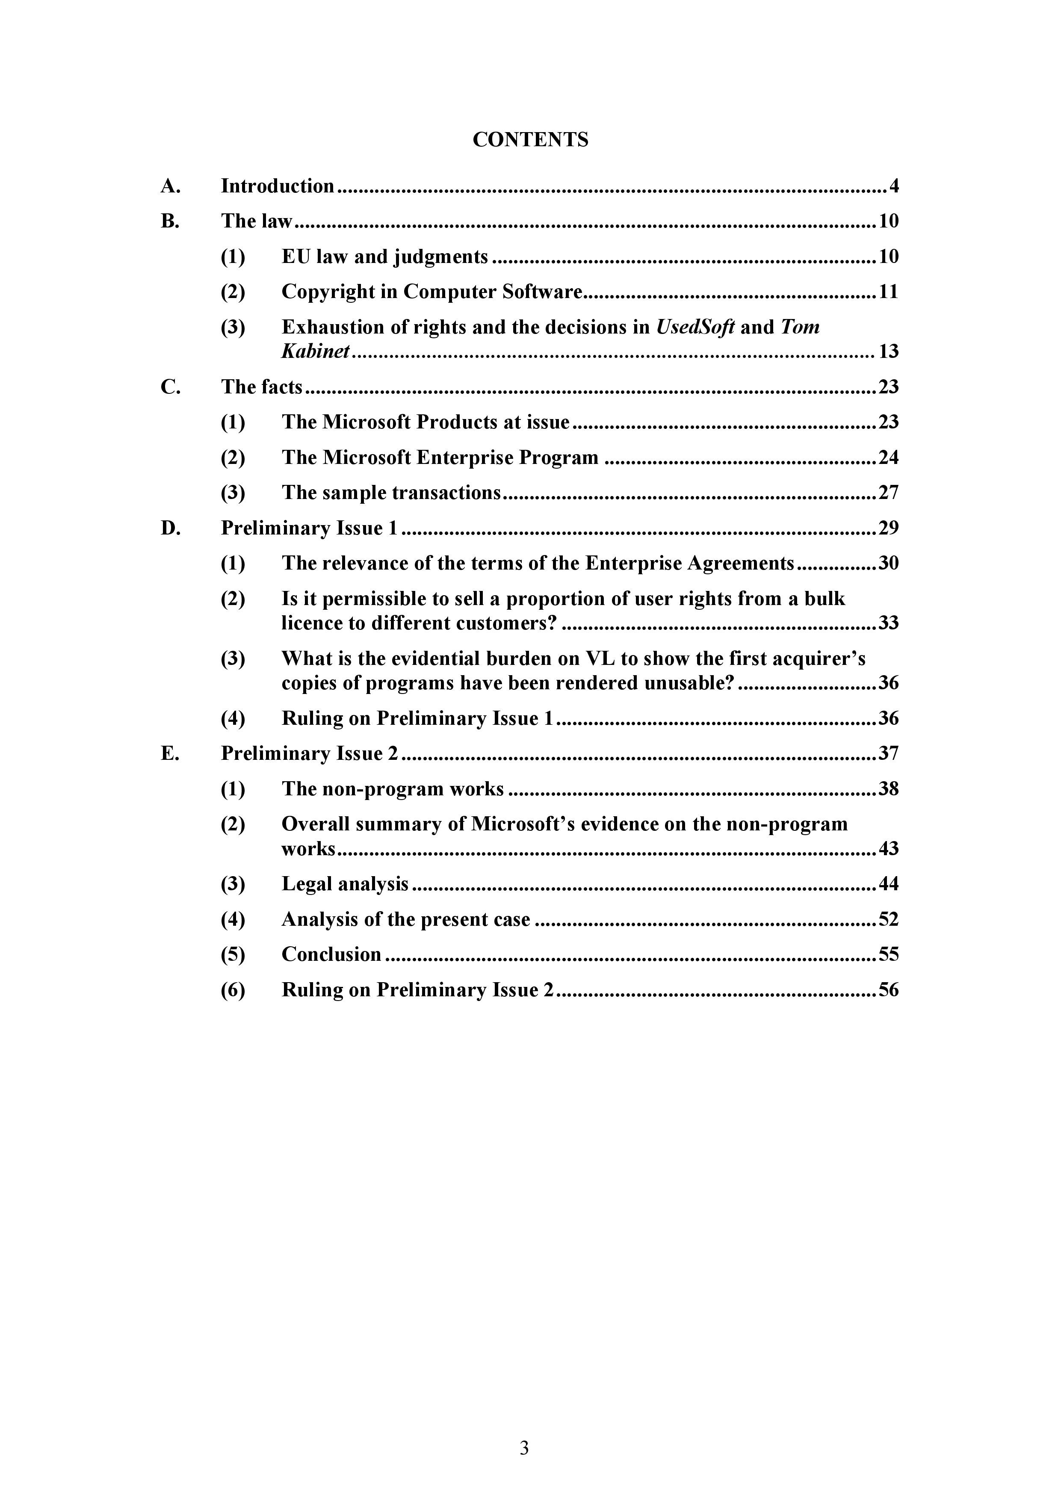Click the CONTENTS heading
coord(530,140)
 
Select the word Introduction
coord(277,186)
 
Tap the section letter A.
coord(169,186)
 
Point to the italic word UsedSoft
coord(695,327)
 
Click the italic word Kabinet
coord(316,351)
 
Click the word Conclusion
coord(331,954)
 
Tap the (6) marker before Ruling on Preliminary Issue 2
coord(233,990)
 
